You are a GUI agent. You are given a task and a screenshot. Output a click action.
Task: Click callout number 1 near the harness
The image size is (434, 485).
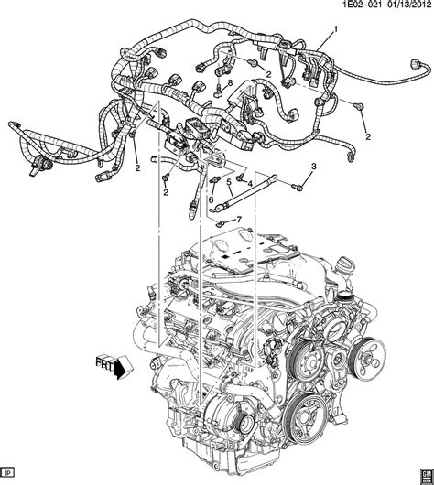[335, 29]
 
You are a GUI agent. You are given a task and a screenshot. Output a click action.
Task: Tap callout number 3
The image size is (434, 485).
[314, 167]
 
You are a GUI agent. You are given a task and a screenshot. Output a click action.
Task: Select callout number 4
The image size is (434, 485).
[249, 184]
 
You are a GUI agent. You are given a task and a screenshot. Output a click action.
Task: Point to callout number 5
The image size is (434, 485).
[229, 182]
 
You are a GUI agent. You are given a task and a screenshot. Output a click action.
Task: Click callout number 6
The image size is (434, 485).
[211, 200]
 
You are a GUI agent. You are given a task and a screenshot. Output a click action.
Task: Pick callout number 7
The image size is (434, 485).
[238, 220]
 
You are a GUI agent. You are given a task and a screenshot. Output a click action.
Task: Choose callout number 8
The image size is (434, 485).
[230, 82]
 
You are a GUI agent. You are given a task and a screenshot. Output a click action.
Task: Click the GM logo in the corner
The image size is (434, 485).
[427, 477]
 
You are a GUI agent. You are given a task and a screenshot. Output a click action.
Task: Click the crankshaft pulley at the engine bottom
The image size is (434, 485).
[306, 416]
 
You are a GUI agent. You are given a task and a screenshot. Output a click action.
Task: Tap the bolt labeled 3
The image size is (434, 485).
[297, 187]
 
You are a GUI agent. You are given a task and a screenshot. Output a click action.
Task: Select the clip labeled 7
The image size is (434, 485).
[220, 223]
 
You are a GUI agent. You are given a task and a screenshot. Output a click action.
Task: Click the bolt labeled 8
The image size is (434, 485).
[219, 91]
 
